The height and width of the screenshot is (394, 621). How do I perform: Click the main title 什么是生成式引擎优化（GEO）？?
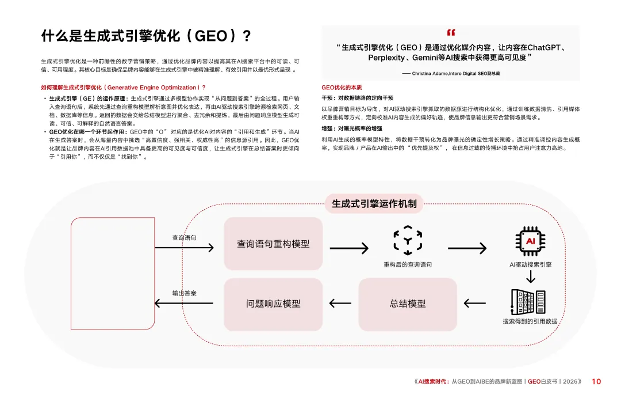pyautogui.click(x=147, y=36)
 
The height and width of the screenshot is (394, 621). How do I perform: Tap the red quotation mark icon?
pyautogui.click(x=450, y=33)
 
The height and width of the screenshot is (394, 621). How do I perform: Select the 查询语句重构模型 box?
pyautogui.click(x=273, y=244)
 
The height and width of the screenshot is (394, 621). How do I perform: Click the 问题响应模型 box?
pyautogui.click(x=273, y=304)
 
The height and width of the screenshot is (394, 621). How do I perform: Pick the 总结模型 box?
pyautogui.click(x=408, y=304)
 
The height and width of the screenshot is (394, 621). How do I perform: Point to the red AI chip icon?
pyautogui.click(x=531, y=241)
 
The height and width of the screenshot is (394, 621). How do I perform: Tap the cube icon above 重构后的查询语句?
pyautogui.click(x=408, y=240)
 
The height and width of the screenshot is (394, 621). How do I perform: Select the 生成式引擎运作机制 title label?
pyautogui.click(x=374, y=203)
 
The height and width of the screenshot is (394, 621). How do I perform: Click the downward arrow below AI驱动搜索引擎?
pyautogui.click(x=531, y=276)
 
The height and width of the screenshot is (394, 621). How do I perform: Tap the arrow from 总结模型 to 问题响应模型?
pyautogui.click(x=340, y=304)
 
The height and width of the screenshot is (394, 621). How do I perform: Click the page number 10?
pyautogui.click(x=596, y=381)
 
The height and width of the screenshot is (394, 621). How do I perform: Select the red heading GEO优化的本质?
pyautogui.click(x=342, y=88)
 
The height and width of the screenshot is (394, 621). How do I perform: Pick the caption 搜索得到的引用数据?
pyautogui.click(x=530, y=321)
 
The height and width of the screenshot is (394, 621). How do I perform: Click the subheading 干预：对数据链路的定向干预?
pyautogui.click(x=357, y=99)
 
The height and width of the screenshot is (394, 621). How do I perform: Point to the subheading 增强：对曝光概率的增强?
pyautogui.click(x=352, y=129)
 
